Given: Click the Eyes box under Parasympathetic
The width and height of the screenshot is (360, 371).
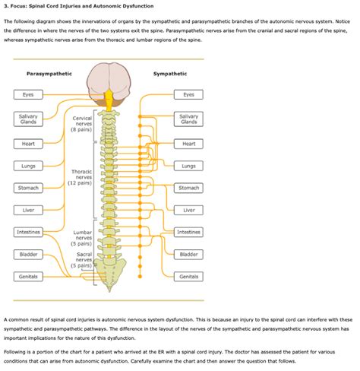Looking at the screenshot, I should (28, 95).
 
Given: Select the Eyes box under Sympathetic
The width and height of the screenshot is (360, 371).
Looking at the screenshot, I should (188, 95).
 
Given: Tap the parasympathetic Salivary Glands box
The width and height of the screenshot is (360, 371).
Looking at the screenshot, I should (28, 119).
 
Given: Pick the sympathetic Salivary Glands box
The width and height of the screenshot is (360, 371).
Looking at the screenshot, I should (188, 119).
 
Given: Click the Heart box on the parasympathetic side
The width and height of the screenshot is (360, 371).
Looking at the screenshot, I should (28, 144).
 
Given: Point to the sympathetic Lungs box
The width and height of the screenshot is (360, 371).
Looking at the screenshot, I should (188, 166).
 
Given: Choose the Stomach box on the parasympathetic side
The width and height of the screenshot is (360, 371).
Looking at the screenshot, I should (28, 188).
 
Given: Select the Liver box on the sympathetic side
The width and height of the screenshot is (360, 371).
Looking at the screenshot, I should (188, 210).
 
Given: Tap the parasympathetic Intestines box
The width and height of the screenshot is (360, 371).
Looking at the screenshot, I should (28, 232).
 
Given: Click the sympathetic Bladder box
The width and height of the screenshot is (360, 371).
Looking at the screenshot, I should (188, 254).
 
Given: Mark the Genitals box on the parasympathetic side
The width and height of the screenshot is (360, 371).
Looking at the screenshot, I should (28, 277).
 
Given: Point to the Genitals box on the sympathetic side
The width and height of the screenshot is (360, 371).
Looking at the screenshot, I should (188, 277).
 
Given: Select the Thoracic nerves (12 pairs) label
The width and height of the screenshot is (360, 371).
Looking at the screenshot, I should (80, 177).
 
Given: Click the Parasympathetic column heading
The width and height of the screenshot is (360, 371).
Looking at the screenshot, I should (49, 74).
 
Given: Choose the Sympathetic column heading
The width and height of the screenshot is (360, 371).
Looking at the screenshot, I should (170, 74).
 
